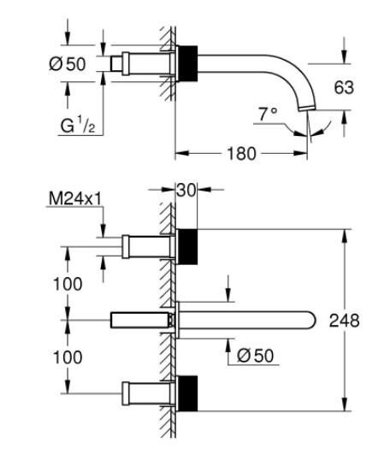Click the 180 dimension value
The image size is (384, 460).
pos(241,154)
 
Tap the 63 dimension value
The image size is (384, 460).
pos(344,87)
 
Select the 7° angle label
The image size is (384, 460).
pos(268,114)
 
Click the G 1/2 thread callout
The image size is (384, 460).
pos(78,126)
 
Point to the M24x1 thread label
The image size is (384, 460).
pos(75,198)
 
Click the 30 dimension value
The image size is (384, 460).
pos(186,191)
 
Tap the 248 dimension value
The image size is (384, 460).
pos(344,321)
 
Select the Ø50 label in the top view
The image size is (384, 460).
pos(68,63)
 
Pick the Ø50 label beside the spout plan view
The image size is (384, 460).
pos(255,356)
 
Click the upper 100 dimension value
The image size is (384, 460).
pos(68,284)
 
